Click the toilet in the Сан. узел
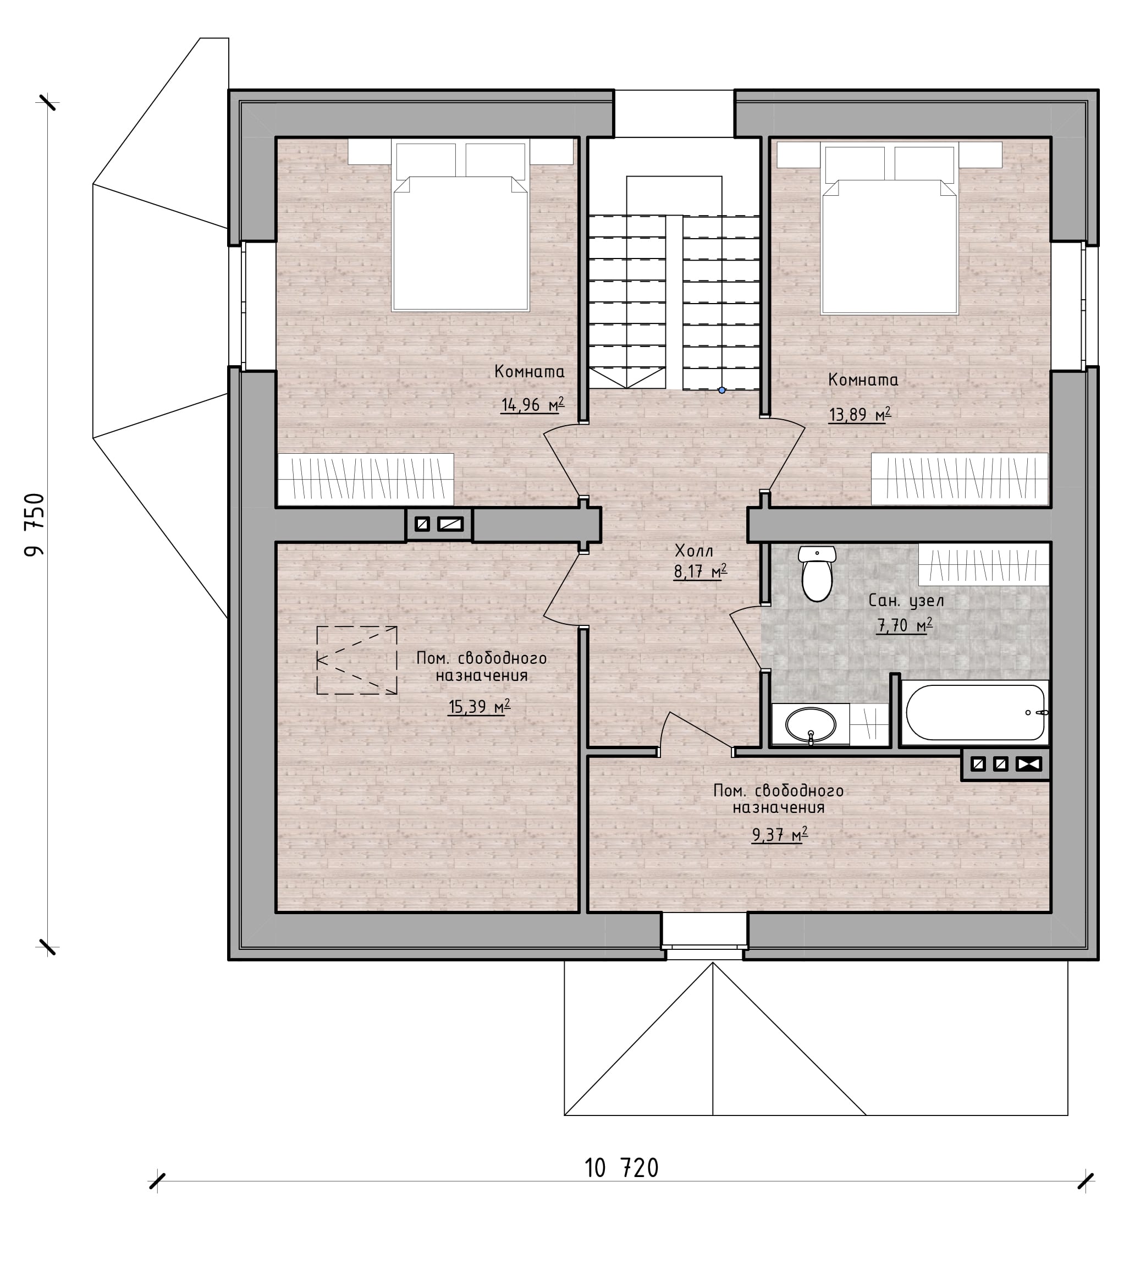pyautogui.click(x=817, y=574)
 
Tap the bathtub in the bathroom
pyautogui.click(x=975, y=712)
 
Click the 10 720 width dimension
pyautogui.click(x=621, y=1168)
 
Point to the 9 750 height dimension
pyautogui.click(x=35, y=525)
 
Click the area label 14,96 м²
pyautogui.click(x=533, y=404)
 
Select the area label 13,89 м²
pyautogui.click(x=860, y=414)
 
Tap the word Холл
pyautogui.click(x=694, y=551)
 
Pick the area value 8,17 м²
pyautogui.click(x=700, y=572)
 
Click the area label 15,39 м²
pyautogui.click(x=479, y=707)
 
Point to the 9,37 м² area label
pyautogui.click(x=780, y=835)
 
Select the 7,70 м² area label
pyautogui.click(x=905, y=625)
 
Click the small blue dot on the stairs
pyautogui.click(x=721, y=391)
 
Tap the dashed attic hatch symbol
pyautogui.click(x=356, y=660)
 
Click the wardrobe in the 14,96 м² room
pyautogui.click(x=366, y=479)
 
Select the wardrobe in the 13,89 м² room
pyautogui.click(x=960, y=479)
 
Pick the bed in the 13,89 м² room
pyautogui.click(x=889, y=228)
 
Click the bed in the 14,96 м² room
pyautogui.click(x=460, y=225)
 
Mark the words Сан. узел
pyautogui.click(x=906, y=601)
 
